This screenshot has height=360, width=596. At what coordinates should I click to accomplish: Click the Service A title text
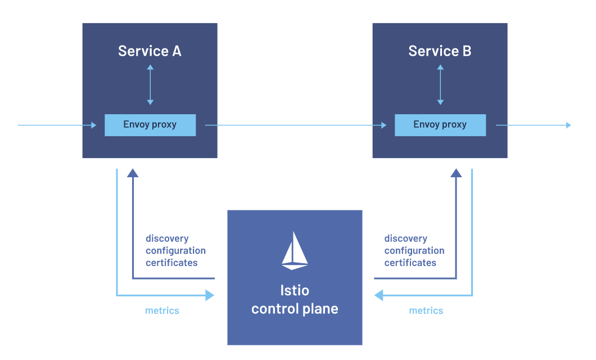tap(150, 51)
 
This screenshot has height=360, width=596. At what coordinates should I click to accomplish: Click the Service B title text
tap(440, 51)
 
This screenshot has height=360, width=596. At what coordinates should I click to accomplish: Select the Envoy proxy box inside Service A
tap(150, 125)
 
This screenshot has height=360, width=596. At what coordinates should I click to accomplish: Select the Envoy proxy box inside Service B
tap(440, 125)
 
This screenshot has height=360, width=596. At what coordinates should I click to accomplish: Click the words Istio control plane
tap(295, 300)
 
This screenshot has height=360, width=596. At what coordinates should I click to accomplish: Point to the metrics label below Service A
tap(162, 310)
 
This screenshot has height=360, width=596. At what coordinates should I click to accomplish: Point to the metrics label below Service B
tap(426, 310)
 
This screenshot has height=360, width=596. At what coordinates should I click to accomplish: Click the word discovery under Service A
tap(167, 238)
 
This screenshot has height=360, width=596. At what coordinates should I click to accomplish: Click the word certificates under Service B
tap(410, 263)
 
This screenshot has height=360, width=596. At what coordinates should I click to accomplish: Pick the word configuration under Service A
tap(175, 250)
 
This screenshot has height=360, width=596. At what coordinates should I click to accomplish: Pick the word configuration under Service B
tap(414, 250)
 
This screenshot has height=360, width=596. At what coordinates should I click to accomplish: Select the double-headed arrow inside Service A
tap(150, 85)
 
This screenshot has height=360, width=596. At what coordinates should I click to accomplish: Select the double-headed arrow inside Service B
tap(440, 85)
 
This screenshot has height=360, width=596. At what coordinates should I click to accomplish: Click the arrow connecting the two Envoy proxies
tap(295, 125)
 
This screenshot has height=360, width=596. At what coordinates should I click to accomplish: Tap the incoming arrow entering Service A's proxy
tap(56, 125)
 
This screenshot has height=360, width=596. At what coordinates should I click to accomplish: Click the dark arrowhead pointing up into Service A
tap(133, 173)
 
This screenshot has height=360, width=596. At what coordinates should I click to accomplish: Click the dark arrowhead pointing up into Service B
tap(456, 173)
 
